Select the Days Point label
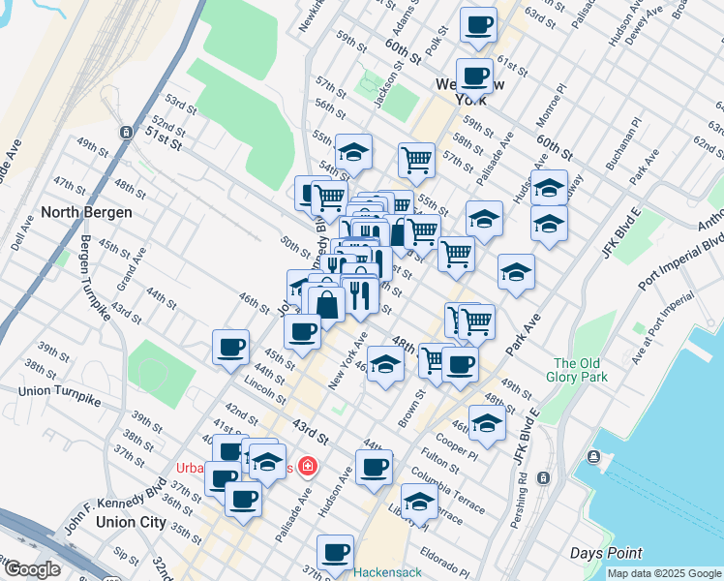pyautogui.click(x=606, y=553)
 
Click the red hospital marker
pyautogui.click(x=308, y=468)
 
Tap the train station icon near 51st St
pyautogui.click(x=126, y=132)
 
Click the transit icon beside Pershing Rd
pyautogui.click(x=543, y=478)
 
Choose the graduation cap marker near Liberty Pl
pyautogui.click(x=418, y=503)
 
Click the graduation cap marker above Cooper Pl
pyautogui.click(x=487, y=422)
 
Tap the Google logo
pyautogui.click(x=31, y=570)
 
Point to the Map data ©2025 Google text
pyautogui.click(x=663, y=573)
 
